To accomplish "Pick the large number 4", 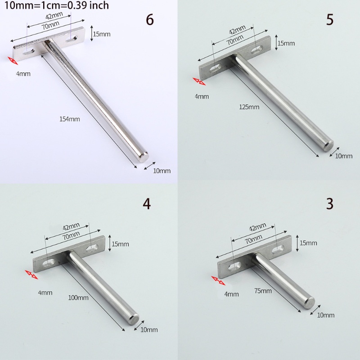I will coord(146,203).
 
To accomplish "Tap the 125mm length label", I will coord(249,107).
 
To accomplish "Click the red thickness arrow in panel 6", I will coord(12,60).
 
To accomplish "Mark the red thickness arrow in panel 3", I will coord(218,280).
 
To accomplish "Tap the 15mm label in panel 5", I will coord(286,43).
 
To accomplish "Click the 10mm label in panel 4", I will coord(149,330).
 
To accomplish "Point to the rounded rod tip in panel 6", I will coord(143,156).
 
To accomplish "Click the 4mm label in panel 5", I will coord(202,96).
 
